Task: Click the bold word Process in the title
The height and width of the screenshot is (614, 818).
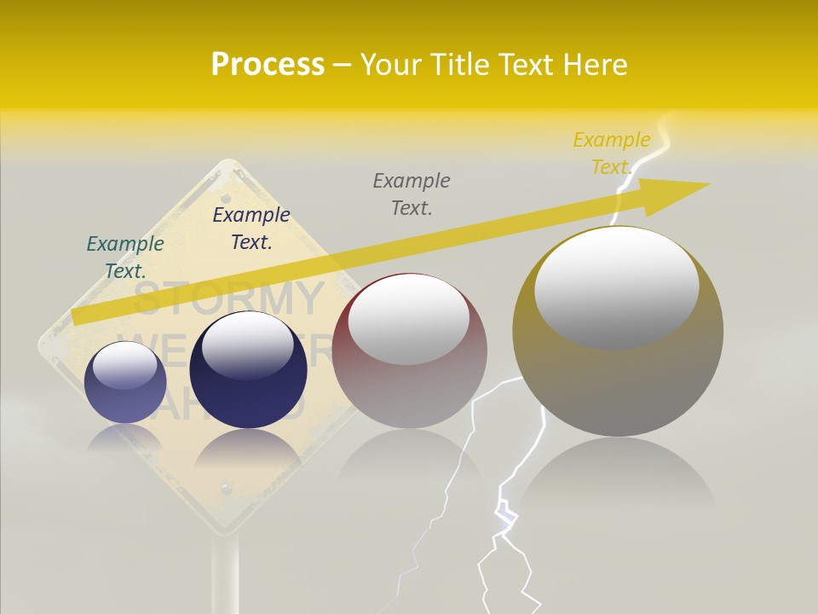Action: tap(268, 65)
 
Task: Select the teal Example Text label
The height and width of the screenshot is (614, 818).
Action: tap(125, 257)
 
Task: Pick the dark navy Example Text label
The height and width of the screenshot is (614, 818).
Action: tap(251, 228)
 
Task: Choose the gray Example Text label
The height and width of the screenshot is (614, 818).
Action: tap(412, 194)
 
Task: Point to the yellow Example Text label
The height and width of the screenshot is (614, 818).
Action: tap(611, 153)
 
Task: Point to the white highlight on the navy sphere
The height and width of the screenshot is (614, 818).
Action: tap(247, 345)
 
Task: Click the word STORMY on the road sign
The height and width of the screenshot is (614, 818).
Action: tap(228, 298)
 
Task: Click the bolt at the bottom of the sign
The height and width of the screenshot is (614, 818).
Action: tap(225, 489)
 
